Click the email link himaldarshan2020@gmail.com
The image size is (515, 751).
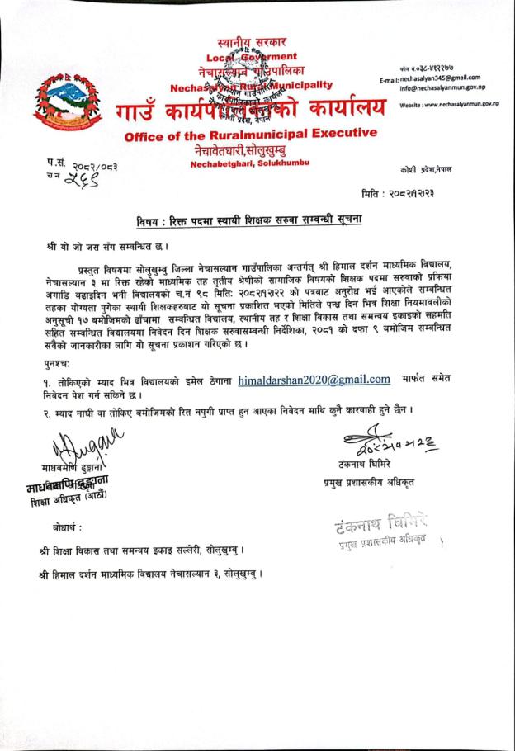(314, 380)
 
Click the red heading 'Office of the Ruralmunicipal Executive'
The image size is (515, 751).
(247, 134)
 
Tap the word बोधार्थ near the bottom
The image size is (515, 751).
(66, 525)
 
